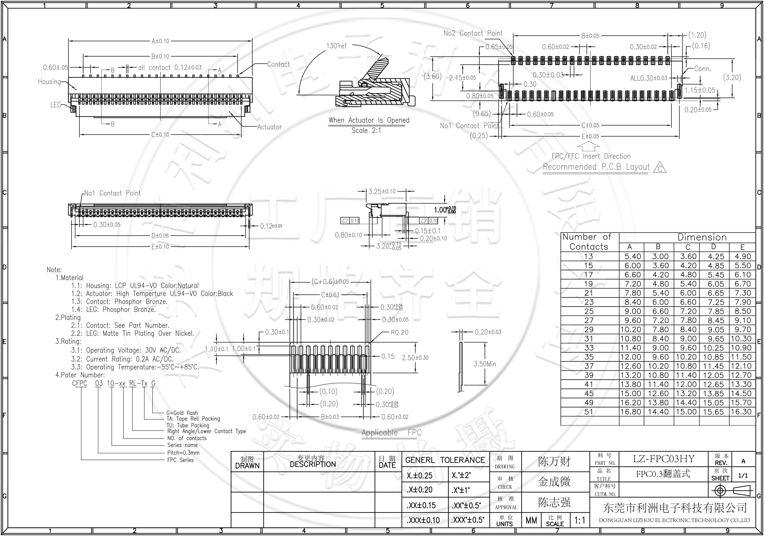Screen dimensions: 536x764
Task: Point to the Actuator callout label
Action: [x=269, y=127]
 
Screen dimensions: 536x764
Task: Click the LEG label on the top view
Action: [x=55, y=105]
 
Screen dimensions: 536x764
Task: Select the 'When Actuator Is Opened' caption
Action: [x=369, y=121]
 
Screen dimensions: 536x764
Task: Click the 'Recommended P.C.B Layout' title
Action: [x=596, y=167]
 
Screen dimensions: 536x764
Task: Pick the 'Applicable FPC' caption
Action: [x=391, y=433]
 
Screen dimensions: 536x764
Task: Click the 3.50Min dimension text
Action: [x=485, y=364]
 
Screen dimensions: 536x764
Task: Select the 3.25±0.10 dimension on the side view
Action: [x=382, y=192]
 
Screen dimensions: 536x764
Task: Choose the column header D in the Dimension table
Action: [x=713, y=247]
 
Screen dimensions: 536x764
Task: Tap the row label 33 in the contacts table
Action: [x=589, y=348]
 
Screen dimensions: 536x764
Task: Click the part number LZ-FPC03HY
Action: [x=663, y=459]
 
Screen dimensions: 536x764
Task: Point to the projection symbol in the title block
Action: [x=732, y=491]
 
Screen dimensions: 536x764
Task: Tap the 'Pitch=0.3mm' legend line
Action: [x=183, y=453]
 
